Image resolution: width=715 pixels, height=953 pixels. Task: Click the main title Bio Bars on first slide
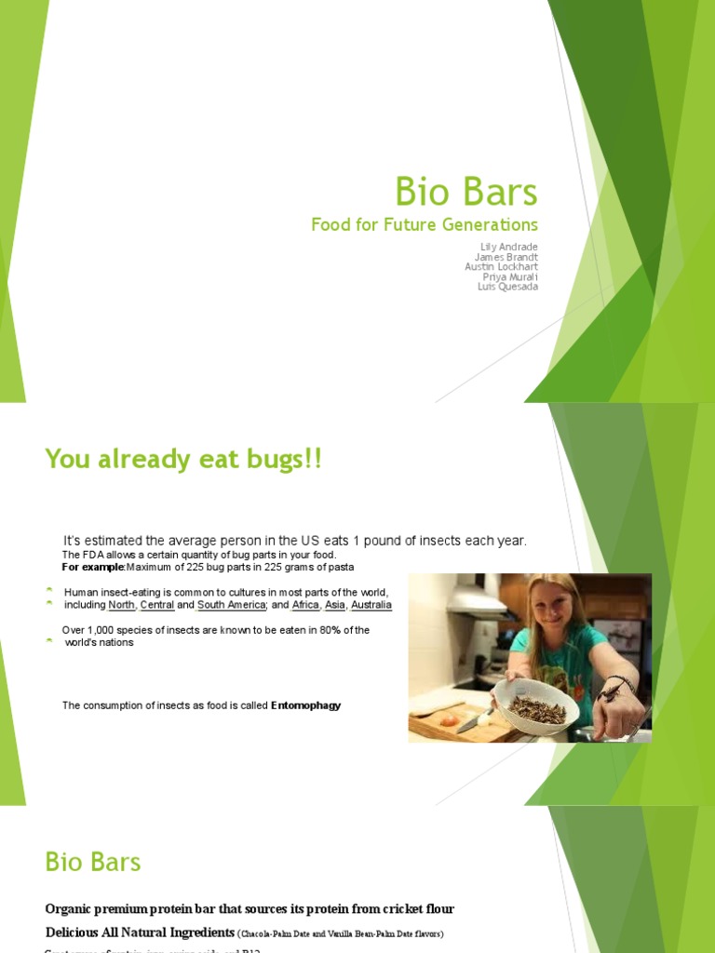click(x=466, y=192)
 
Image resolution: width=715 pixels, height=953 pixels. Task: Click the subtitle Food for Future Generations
click(x=425, y=224)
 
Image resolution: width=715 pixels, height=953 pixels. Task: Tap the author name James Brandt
click(x=506, y=256)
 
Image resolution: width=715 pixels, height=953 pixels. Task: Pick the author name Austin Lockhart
click(x=501, y=266)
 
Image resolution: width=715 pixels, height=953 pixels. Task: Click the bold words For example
click(x=93, y=567)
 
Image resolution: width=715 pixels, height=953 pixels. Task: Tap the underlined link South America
click(x=231, y=605)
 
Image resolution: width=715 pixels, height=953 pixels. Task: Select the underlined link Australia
click(x=371, y=605)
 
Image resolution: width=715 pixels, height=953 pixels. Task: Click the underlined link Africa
click(x=305, y=605)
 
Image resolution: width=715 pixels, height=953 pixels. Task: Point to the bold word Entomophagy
click(x=305, y=705)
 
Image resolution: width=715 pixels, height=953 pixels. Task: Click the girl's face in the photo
click(x=551, y=606)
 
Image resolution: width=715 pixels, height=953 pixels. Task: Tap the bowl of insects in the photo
click(x=536, y=709)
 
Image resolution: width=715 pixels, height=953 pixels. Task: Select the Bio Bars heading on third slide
click(x=93, y=862)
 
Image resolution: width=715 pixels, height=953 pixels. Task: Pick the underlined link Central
click(x=157, y=605)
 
